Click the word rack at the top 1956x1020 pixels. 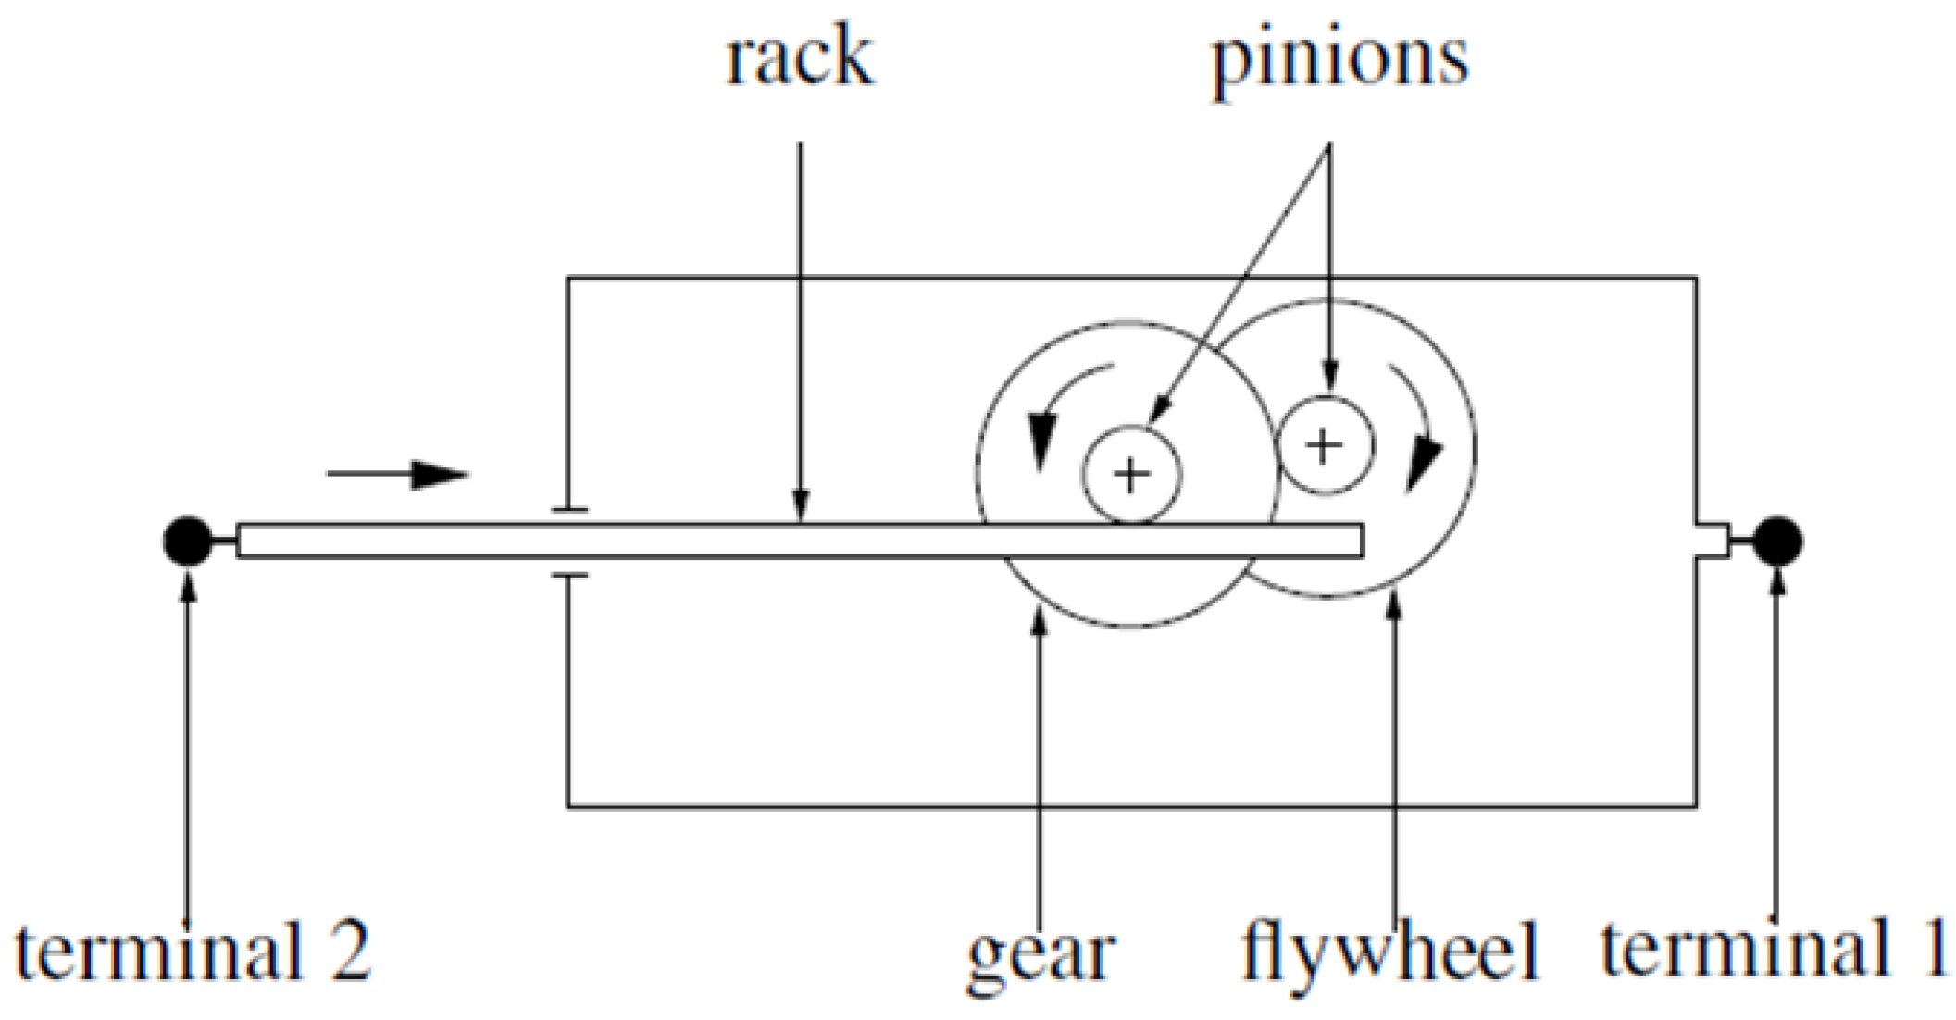click(x=799, y=57)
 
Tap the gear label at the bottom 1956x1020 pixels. click(x=1040, y=954)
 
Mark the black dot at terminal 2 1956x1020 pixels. click(x=187, y=541)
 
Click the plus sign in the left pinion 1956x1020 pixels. click(x=1131, y=475)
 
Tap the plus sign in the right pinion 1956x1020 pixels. click(x=1324, y=445)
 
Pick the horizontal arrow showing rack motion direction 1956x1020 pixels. click(x=398, y=475)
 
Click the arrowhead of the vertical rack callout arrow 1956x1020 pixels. click(x=801, y=509)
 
